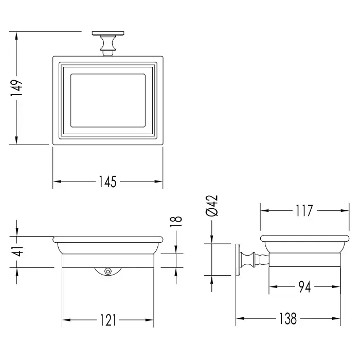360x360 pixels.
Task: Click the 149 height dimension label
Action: tap(16, 88)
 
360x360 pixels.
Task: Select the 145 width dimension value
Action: tap(107, 182)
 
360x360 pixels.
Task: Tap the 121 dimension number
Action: tap(108, 320)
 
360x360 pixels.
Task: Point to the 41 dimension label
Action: tap(17, 251)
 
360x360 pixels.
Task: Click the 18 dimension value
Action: tap(176, 222)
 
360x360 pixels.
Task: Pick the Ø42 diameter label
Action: tap(212, 206)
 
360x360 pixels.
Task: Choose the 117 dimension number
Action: tap(304, 210)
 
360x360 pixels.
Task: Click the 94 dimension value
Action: tap(304, 287)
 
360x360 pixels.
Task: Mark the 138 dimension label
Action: tap(288, 318)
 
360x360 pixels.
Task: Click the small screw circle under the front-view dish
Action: tap(107, 272)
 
